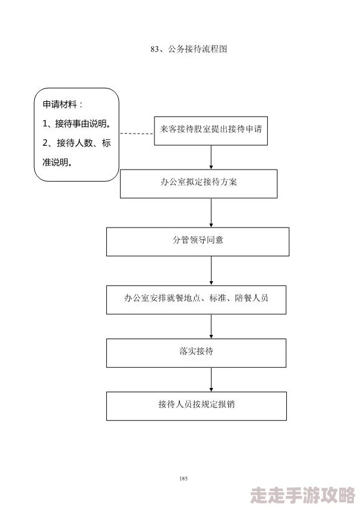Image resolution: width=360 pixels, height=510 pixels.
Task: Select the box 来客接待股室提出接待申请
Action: (x=211, y=129)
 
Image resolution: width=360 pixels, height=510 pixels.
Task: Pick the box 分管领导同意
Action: (x=198, y=241)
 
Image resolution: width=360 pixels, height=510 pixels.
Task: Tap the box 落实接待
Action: (x=196, y=353)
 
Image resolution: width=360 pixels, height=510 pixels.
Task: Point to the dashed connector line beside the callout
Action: (x=136, y=133)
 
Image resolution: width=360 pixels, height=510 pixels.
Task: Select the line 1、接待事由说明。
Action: (x=77, y=124)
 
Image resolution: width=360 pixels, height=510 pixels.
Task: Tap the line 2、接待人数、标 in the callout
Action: (x=77, y=143)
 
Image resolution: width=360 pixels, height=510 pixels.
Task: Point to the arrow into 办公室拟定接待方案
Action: (x=211, y=157)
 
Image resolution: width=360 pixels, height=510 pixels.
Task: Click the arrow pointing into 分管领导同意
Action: (x=211, y=213)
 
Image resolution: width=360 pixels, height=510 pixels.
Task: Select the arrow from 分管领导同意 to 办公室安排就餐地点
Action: (x=211, y=270)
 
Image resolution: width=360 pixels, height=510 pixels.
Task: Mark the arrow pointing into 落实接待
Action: (x=211, y=326)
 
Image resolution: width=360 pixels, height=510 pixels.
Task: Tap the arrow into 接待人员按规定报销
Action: (x=211, y=379)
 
